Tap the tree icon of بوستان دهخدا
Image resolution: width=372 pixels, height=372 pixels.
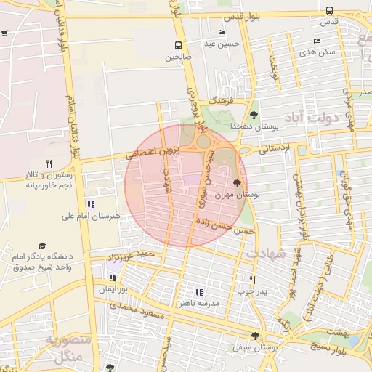pyautogui.click(x=254, y=115)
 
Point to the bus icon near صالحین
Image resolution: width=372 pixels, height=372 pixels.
pyautogui.click(x=178, y=44)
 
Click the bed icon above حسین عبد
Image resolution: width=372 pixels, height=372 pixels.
pyautogui.click(x=221, y=33)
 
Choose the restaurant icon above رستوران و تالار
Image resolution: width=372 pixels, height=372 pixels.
pyautogui.click(x=49, y=163)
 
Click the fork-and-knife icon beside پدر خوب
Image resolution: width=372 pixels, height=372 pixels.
pyautogui.click(x=252, y=280)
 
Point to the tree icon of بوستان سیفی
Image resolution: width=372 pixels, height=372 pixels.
pyautogui.click(x=254, y=335)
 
